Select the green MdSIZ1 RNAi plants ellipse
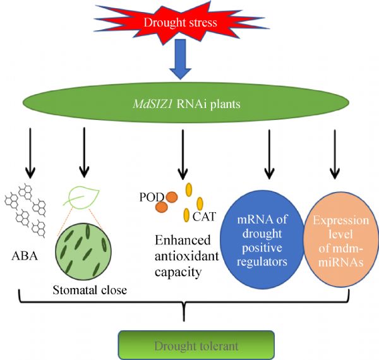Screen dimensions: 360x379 click(x=181, y=103)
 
